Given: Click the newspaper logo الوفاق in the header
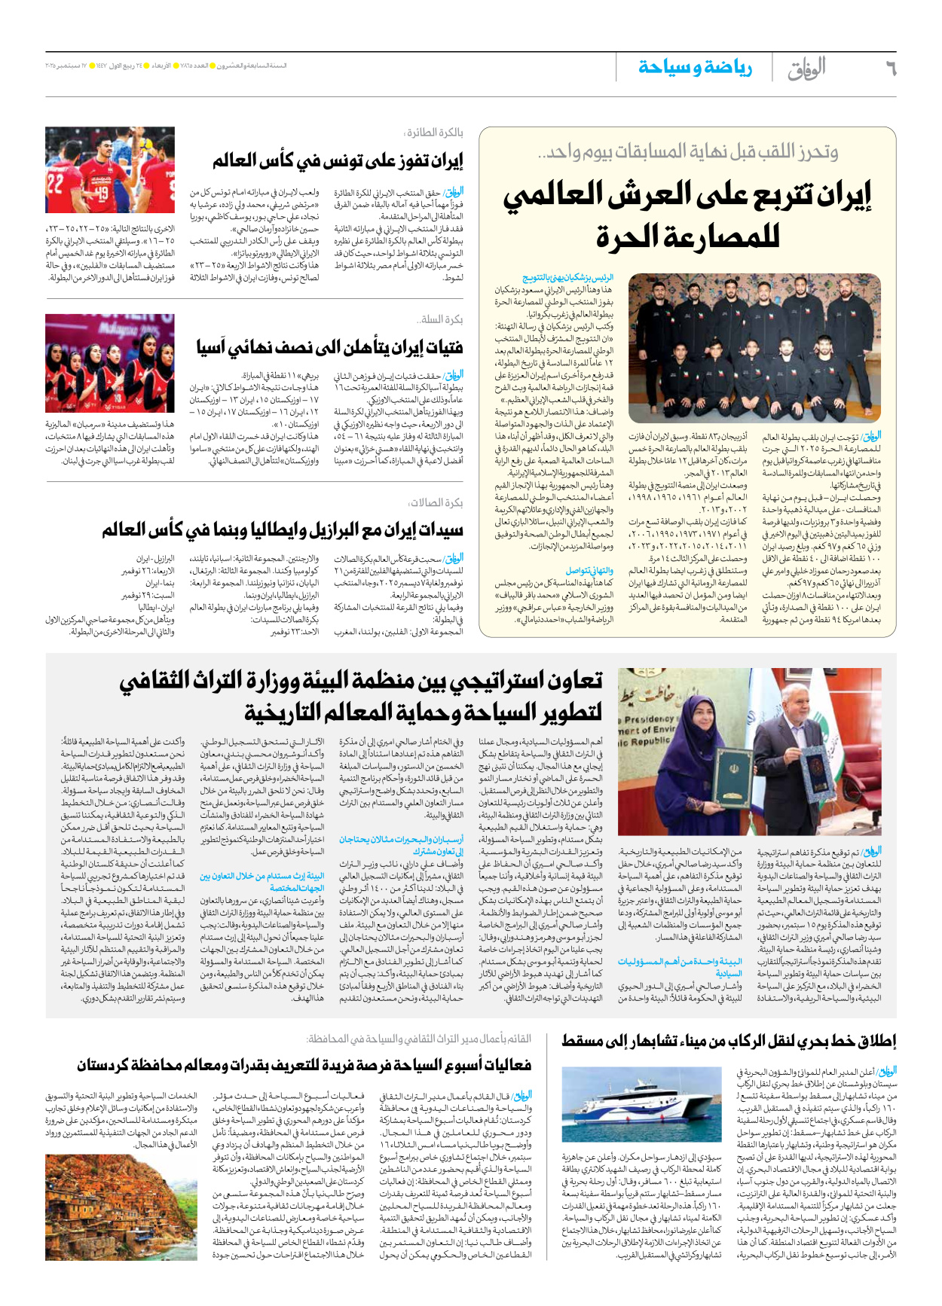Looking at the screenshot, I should pyautogui.click(x=806, y=69).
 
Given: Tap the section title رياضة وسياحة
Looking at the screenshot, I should pyautogui.click(x=695, y=68).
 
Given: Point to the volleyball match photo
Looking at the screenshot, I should pyautogui.click(x=110, y=170).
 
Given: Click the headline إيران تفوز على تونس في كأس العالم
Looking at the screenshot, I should pyautogui.click(x=338, y=161).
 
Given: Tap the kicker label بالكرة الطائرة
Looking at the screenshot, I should pyautogui.click(x=435, y=133).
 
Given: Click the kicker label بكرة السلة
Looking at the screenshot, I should pyautogui.click(x=441, y=319).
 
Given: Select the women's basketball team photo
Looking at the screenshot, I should pyautogui.click(x=110, y=363).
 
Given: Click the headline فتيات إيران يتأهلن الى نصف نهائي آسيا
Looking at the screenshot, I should pyautogui.click(x=330, y=348).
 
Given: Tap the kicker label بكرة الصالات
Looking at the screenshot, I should pyautogui.click(x=436, y=502).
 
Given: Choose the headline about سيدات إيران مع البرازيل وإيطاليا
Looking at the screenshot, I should pyautogui.click(x=283, y=530).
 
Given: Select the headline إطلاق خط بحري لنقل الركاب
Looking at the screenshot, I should pyautogui.click(x=729, y=1041).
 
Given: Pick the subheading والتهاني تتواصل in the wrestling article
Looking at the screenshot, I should pyautogui.click(x=589, y=571).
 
